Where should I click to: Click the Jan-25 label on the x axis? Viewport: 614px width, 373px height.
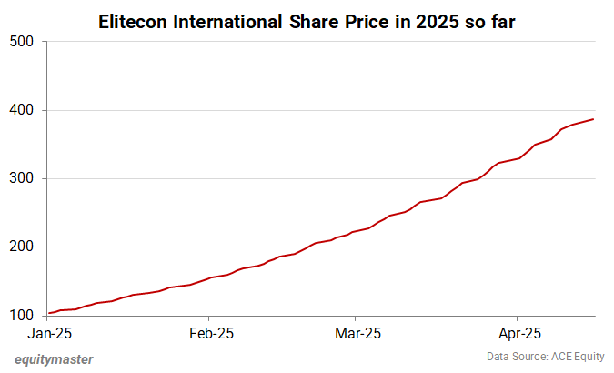tap(51, 333)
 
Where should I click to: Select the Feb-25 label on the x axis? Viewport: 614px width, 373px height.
tap(211, 333)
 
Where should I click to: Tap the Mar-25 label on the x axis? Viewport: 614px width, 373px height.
tap(357, 333)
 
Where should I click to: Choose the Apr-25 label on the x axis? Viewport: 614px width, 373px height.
tap(517, 333)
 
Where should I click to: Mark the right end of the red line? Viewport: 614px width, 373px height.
tap(594, 119)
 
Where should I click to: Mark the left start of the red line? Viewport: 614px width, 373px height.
tap(49, 314)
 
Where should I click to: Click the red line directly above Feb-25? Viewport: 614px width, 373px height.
tap(211, 277)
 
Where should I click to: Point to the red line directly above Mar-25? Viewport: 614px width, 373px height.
tap(357, 231)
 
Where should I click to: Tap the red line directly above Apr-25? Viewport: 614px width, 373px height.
tap(517, 158)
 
